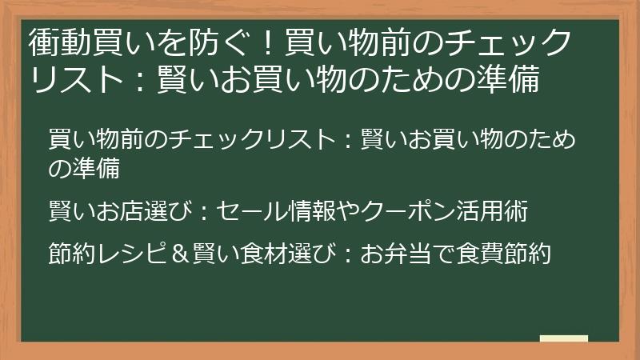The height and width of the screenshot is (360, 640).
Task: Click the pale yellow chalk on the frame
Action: pos(564,338)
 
